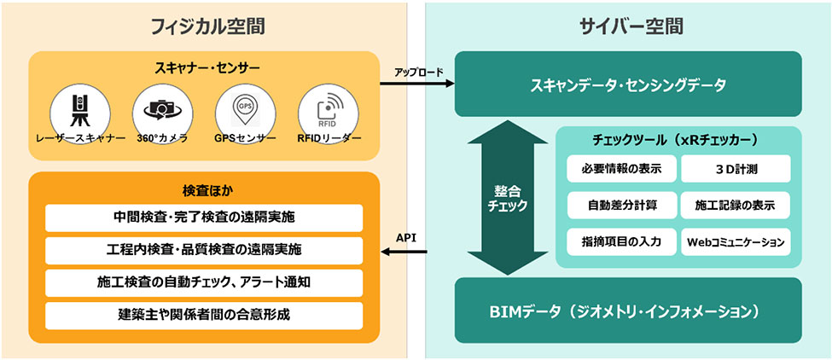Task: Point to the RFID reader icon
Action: [328, 111]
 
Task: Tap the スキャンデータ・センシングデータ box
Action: [627, 84]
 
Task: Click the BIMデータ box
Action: [627, 309]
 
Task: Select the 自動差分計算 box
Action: [620, 206]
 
